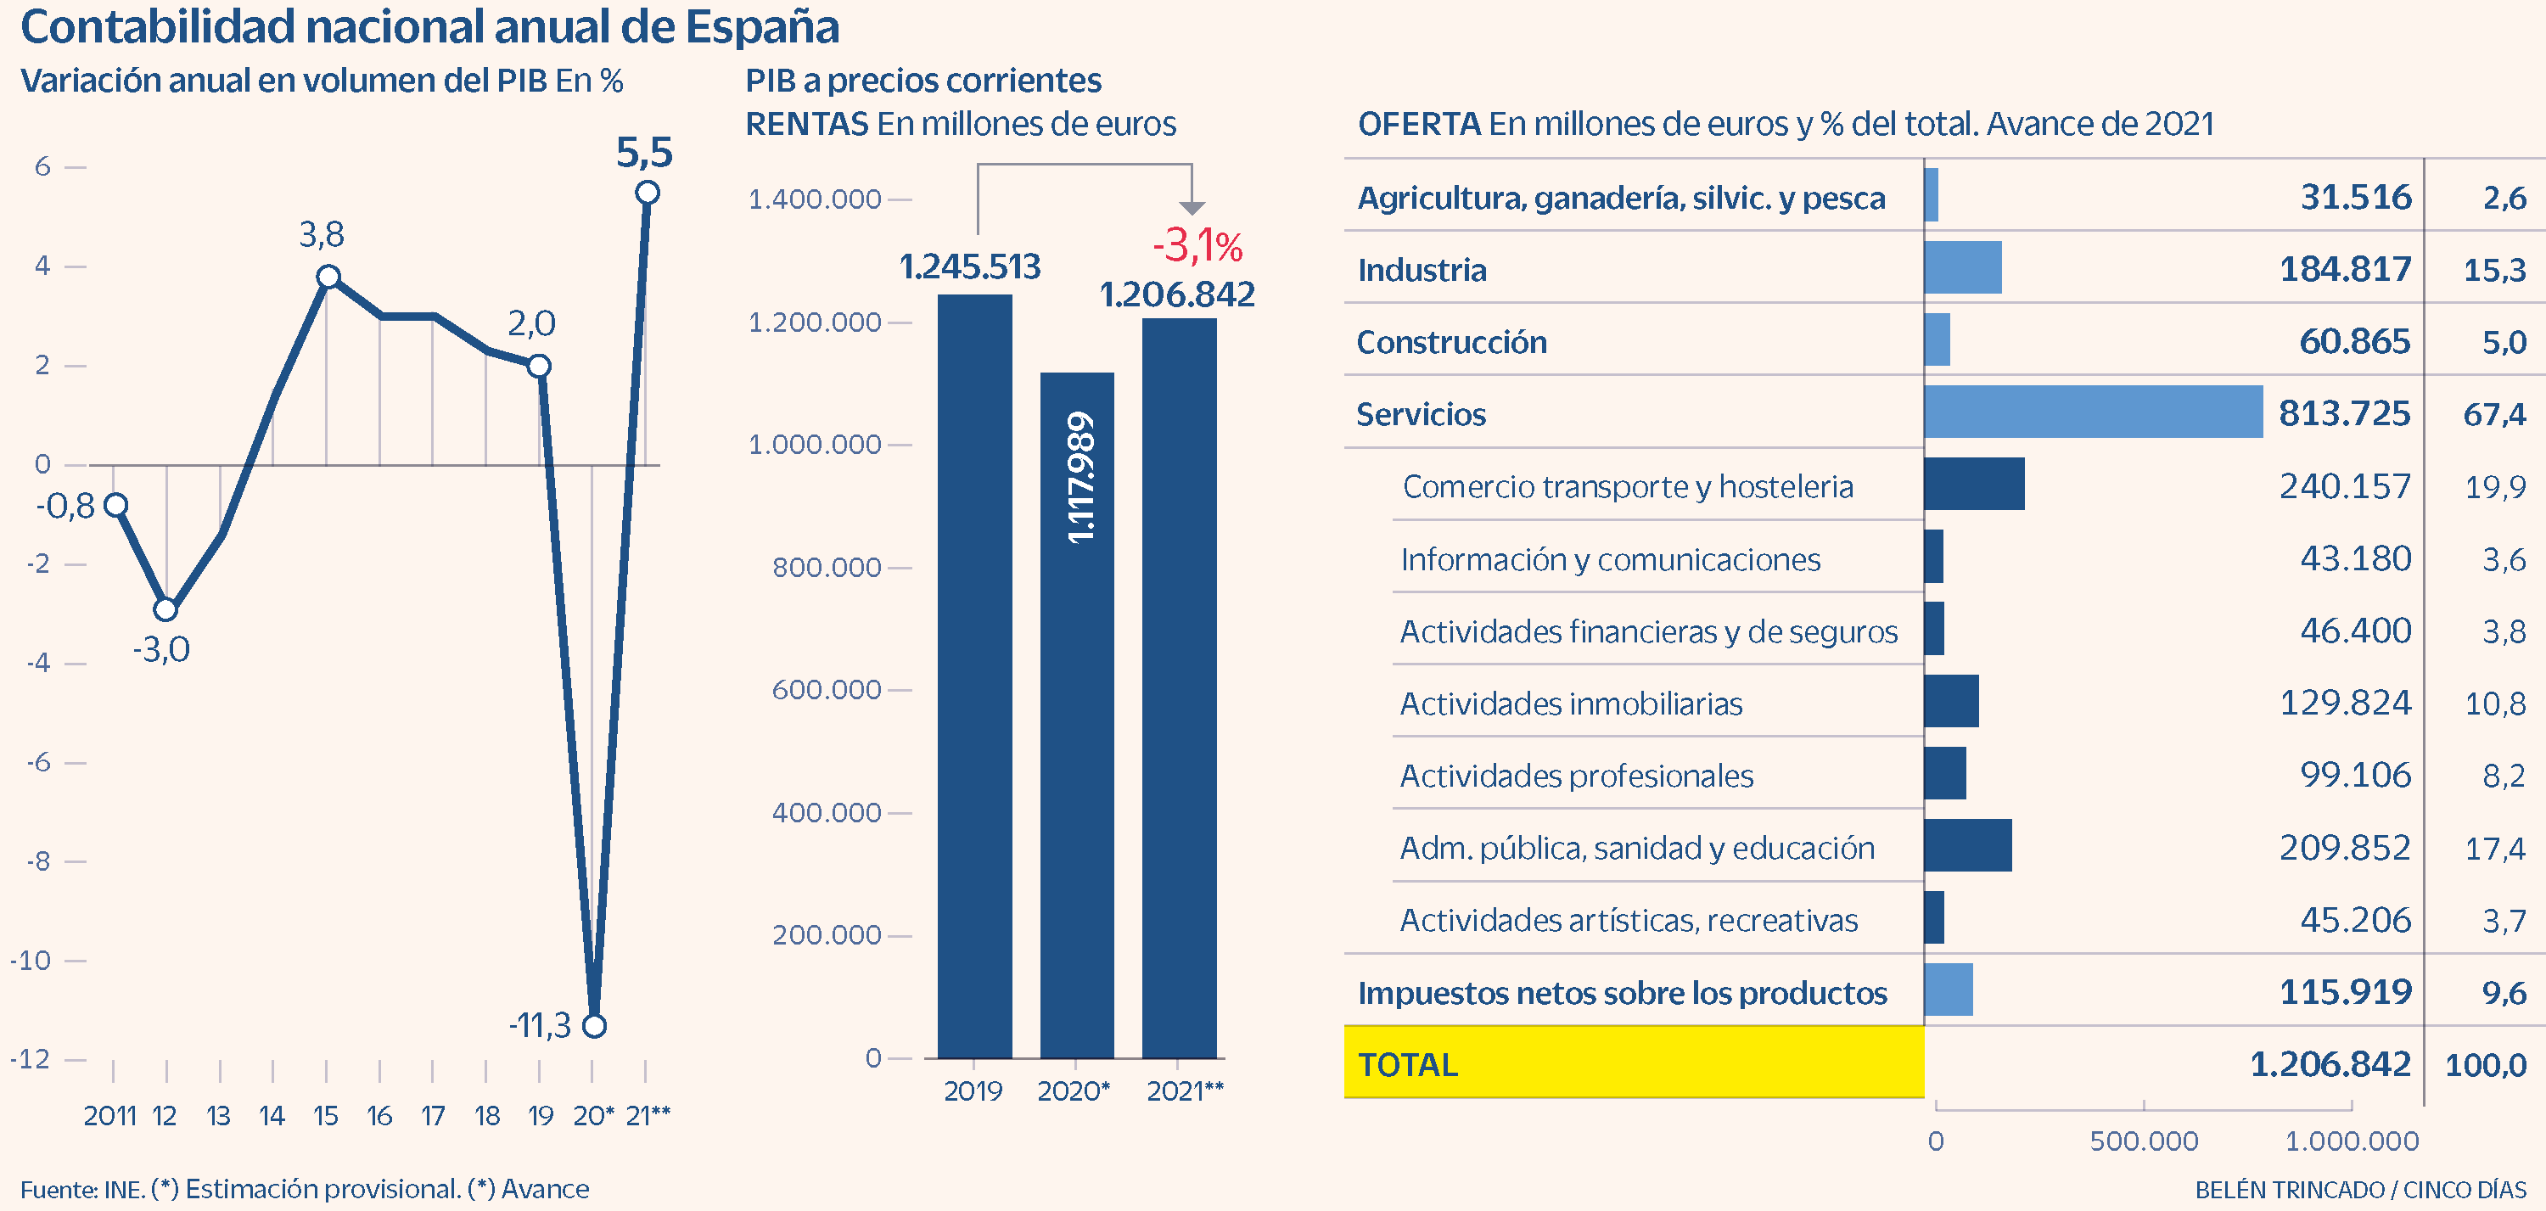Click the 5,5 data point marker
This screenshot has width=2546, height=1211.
[648, 193]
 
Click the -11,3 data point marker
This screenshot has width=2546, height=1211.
[594, 1026]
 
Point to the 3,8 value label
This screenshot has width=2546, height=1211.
[321, 235]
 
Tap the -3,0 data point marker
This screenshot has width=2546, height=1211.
[166, 609]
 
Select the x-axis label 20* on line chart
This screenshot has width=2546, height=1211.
[593, 1116]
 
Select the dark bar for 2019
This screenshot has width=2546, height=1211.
[974, 676]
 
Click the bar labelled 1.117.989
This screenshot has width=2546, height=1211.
[1076, 714]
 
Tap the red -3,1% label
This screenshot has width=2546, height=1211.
[1197, 245]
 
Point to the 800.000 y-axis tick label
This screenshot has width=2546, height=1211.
[827, 568]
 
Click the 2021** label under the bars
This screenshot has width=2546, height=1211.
[1184, 1091]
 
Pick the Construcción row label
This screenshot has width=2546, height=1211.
[1451, 342]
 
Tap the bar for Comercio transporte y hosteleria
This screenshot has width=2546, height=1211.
[1974, 485]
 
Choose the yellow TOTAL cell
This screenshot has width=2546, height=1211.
[1633, 1063]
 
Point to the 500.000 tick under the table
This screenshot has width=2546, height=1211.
[2143, 1141]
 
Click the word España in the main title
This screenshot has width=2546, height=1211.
[762, 28]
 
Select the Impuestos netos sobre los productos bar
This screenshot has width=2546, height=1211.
[1948, 990]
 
